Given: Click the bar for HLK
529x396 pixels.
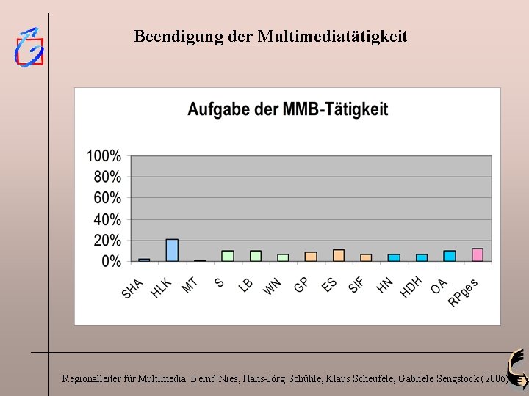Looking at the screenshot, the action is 172,250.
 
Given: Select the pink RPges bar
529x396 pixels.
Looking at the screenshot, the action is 478,255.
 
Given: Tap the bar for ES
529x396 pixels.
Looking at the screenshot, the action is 339,256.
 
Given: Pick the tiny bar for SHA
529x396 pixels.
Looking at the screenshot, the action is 144,260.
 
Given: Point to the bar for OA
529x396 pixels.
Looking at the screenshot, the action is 450,256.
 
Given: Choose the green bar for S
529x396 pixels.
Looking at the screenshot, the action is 228,256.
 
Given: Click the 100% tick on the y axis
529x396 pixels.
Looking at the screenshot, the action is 104,156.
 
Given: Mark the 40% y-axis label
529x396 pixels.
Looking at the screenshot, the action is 107,219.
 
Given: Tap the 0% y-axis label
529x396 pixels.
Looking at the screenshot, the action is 111,261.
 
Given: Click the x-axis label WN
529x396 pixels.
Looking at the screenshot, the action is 272,287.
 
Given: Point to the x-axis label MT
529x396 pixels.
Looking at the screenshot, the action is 190,286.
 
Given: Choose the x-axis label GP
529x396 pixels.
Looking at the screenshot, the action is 301,285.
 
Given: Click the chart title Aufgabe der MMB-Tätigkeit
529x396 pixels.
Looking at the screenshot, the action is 288,109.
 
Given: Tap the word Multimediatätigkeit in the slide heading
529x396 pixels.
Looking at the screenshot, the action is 333,37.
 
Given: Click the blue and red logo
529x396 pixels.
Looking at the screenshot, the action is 29,48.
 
